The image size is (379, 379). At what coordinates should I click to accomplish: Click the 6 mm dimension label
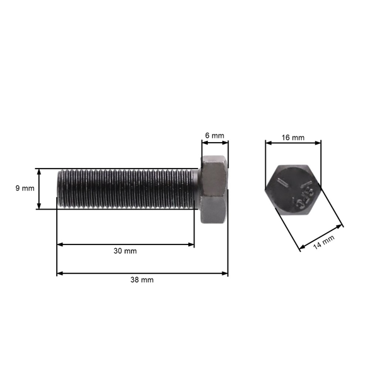(215, 136)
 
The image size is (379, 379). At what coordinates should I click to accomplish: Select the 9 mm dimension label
(24, 188)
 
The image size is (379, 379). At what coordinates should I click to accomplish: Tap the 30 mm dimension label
(125, 251)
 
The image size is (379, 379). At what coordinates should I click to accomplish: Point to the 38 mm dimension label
(142, 280)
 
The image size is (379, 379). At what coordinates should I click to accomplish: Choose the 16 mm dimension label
(293, 137)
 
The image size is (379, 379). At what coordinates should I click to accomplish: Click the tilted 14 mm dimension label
(324, 242)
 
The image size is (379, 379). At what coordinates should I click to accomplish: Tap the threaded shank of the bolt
(126, 188)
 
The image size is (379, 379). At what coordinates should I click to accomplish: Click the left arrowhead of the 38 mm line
(59, 274)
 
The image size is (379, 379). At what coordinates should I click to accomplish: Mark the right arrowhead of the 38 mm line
(226, 274)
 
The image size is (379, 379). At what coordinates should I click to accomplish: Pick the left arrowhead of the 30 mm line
(59, 244)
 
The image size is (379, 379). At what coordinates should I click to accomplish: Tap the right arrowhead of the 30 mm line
(192, 244)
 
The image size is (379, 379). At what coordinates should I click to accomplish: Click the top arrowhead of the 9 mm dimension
(40, 171)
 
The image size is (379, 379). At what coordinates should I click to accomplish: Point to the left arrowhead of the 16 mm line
(267, 143)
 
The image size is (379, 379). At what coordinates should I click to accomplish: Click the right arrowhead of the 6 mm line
(226, 142)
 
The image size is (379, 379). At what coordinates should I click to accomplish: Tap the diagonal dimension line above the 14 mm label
(320, 235)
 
